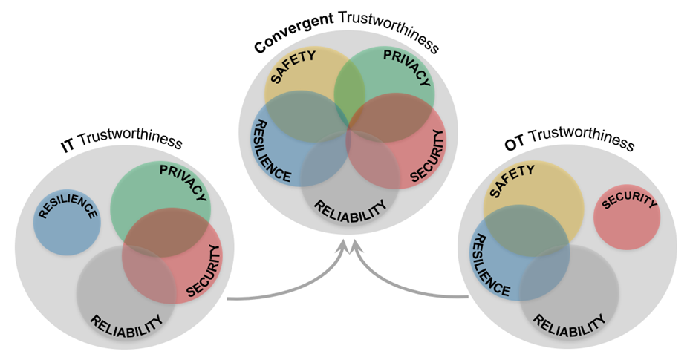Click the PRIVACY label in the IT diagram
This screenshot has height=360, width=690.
(x=183, y=180)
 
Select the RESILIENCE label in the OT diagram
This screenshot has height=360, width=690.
(x=490, y=264)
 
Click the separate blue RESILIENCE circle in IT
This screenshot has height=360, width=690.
(x=68, y=222)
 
